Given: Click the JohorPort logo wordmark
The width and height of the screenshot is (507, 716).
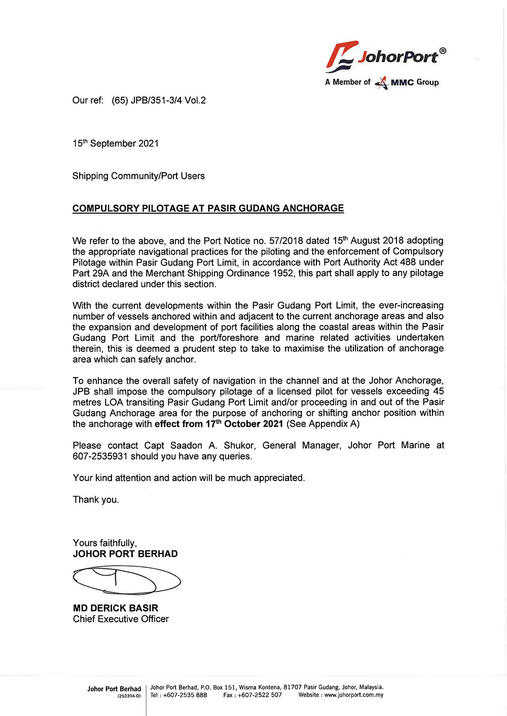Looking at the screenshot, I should [x=396, y=56].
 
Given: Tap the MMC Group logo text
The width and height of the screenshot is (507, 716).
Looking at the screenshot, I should [x=414, y=82].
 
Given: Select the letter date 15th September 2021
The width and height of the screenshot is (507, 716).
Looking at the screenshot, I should [x=116, y=144].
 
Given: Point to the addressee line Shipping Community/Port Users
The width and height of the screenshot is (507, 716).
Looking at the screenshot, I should [x=138, y=176].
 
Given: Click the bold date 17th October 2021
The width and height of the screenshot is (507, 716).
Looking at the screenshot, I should [x=244, y=424].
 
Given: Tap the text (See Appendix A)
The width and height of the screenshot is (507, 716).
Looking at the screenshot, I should [x=323, y=424].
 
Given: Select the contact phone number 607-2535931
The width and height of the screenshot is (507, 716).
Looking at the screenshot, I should [x=100, y=456].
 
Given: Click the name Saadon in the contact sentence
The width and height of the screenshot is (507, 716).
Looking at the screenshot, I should [x=186, y=446].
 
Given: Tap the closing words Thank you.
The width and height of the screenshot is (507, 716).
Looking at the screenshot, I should [x=96, y=500].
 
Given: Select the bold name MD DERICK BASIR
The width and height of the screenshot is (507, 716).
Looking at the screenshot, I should [x=116, y=608].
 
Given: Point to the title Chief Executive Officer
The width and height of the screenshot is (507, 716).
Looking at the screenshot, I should [x=121, y=619].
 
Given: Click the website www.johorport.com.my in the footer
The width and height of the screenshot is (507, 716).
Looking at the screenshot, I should [x=354, y=695].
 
